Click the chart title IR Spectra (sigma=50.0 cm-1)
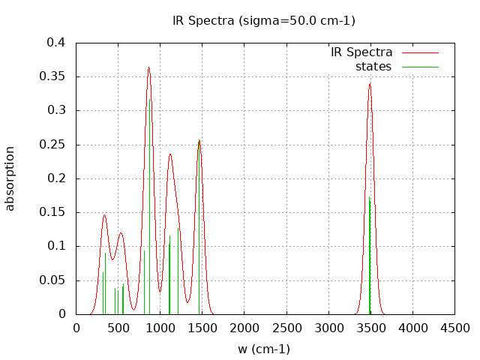pyautogui.click(x=264, y=20)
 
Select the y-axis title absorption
pyautogui.click(x=10, y=178)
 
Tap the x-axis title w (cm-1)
pyautogui.click(x=264, y=349)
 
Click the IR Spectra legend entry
pyautogui.click(x=361, y=52)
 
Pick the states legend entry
pyautogui.click(x=373, y=67)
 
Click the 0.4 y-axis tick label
pyautogui.click(x=57, y=43)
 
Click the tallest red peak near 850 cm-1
pyautogui.click(x=148, y=67)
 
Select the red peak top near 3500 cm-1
pyautogui.click(x=370, y=83)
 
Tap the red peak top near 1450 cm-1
pyautogui.click(x=199, y=140)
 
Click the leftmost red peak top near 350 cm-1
pyautogui.click(x=104, y=215)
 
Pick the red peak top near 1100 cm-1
pyautogui.click(x=170, y=154)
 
